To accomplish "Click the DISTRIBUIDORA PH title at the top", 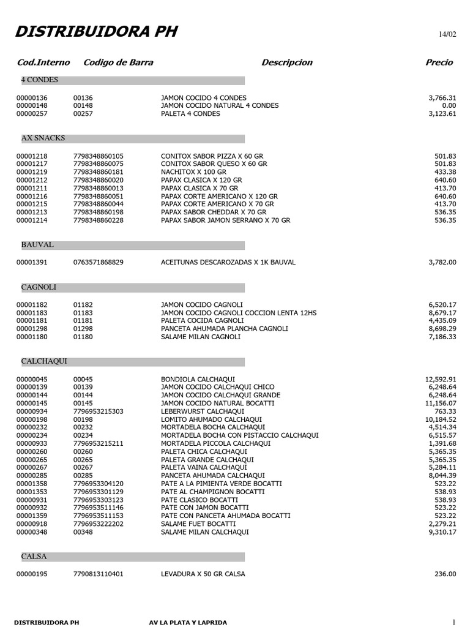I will pos(96,32).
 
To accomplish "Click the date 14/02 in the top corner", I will pos(447,34).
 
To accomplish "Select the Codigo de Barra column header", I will pos(118,62).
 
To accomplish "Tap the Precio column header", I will pos(439,62).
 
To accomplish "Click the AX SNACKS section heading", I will pos(43,138).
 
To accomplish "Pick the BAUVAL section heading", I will pos(37,244).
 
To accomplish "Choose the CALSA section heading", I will pos(34,557).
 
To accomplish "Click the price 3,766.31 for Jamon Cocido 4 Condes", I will pos(442,98).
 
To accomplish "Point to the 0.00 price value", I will pos(448,105).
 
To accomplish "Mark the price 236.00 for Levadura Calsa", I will pos(445,574).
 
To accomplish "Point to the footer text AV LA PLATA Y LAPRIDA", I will pos(188,623).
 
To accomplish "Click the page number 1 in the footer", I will pos(454,622).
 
